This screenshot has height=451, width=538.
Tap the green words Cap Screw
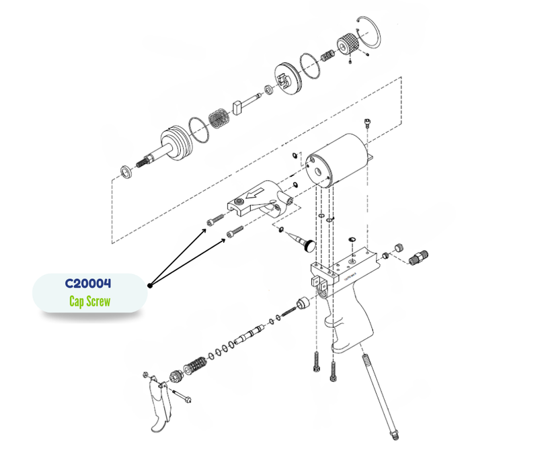tap(89, 301)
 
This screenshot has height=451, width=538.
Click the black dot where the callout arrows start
tap(150, 285)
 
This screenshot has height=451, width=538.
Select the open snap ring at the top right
tap(369, 34)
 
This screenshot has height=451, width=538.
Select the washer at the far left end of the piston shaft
tap(125, 171)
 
